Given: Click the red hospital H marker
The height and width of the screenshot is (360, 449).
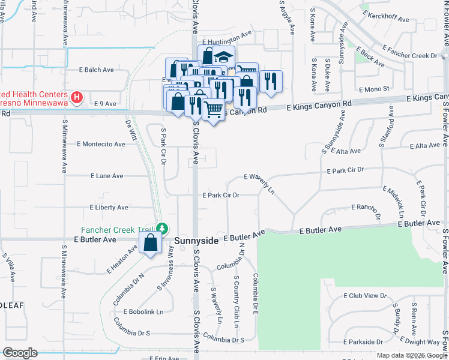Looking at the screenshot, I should point(76,97).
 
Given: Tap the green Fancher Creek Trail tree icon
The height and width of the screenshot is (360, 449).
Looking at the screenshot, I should point(162,229).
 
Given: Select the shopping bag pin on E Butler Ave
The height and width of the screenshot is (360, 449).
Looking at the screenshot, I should point(150,244).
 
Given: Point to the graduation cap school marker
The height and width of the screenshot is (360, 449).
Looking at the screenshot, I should point(223,58).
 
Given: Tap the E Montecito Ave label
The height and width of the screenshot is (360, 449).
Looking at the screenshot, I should point(101,144).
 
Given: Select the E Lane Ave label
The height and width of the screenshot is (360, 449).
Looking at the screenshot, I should point(107,176).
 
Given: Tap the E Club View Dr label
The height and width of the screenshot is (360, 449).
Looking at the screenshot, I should point(365,296).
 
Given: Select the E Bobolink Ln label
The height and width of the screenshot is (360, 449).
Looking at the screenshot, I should point(143,311).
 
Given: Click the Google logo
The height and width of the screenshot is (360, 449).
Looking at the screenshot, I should point(20,353).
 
